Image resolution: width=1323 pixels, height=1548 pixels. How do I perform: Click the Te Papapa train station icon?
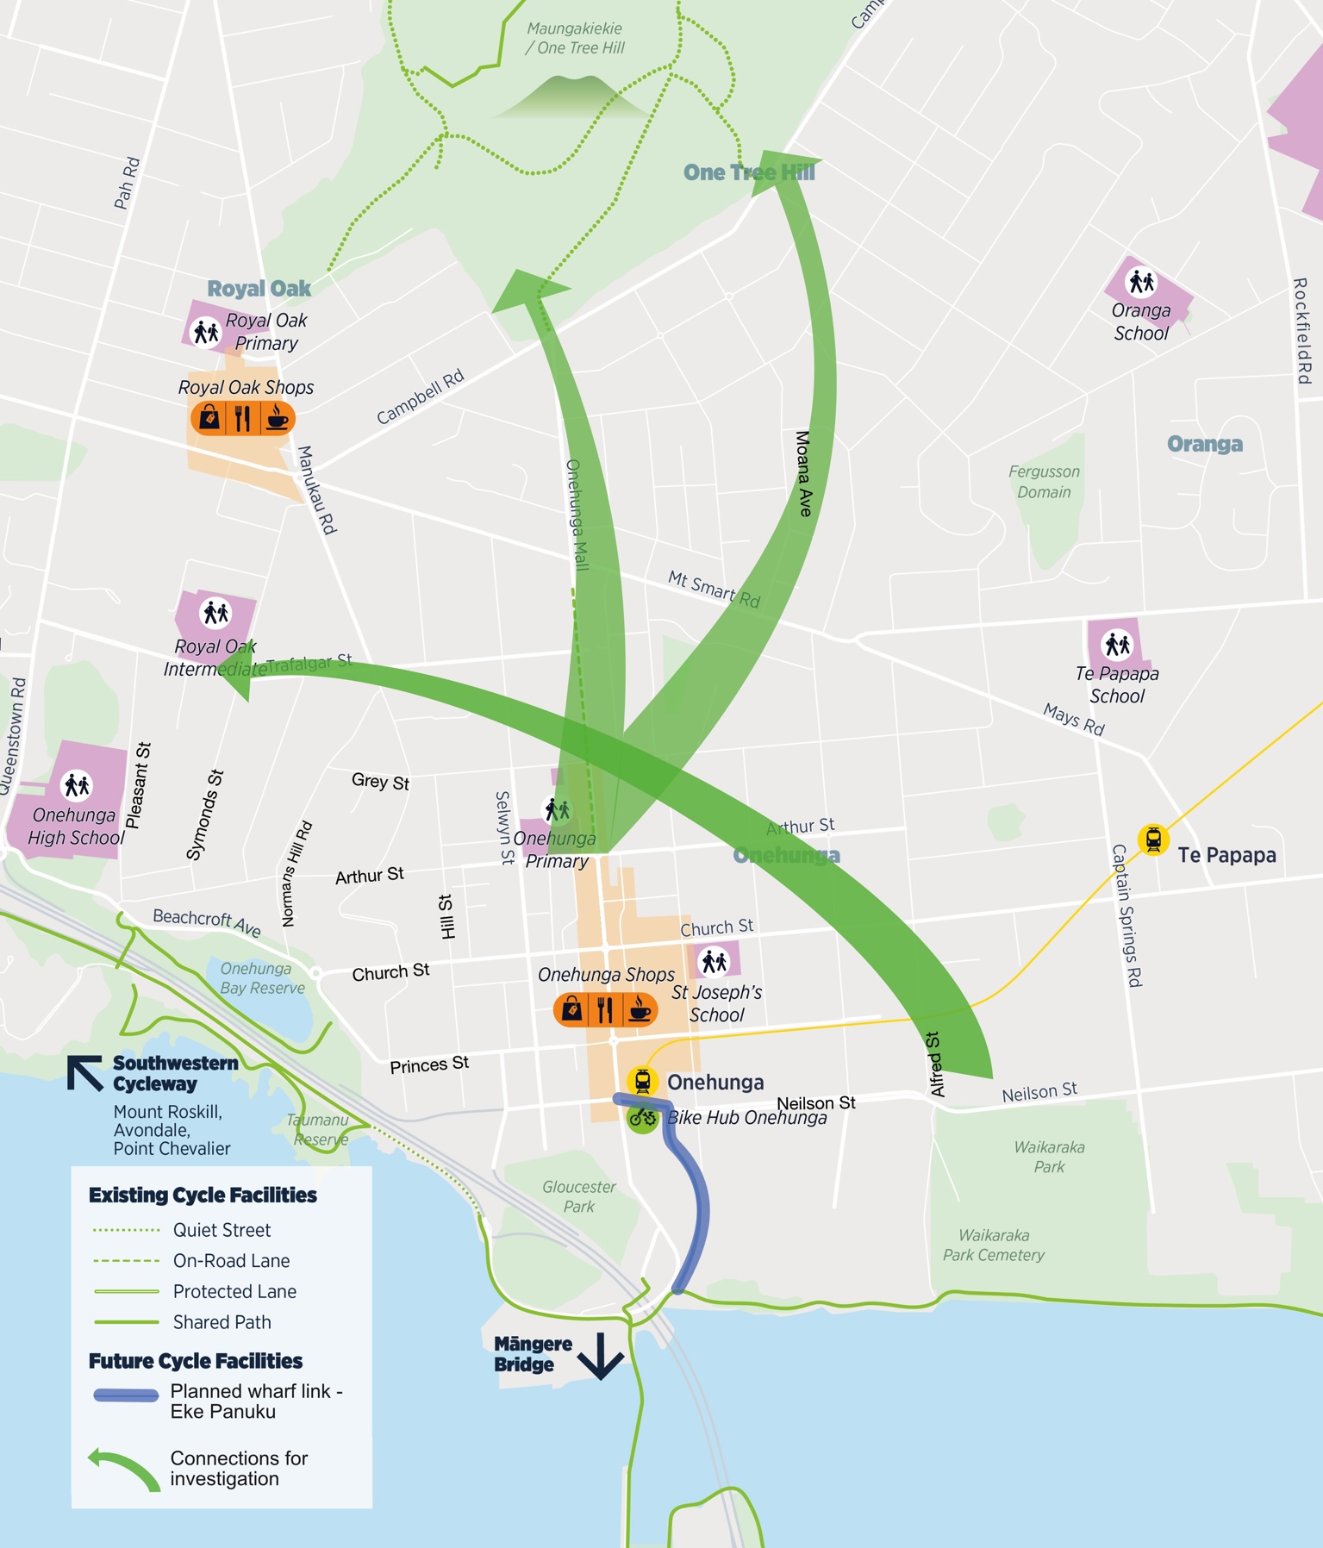click(1153, 840)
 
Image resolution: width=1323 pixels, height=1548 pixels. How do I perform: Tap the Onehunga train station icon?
click(642, 1081)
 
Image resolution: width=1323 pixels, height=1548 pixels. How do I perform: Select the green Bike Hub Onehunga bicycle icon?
click(642, 1119)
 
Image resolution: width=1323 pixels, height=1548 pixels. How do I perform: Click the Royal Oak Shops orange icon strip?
click(243, 419)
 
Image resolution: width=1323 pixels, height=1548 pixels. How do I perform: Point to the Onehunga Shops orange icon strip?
click(605, 1009)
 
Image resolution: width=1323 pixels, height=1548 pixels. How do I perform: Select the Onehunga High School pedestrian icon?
click(77, 785)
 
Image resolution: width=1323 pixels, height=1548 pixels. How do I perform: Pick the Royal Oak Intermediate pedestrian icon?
click(215, 613)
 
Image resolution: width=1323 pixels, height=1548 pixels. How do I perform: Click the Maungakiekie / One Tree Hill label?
click(575, 39)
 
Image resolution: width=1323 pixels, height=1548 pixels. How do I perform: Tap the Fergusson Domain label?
click(1044, 482)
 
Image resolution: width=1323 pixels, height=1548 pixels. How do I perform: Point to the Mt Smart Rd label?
click(714, 590)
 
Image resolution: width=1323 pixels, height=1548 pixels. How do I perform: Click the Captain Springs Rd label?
click(1126, 915)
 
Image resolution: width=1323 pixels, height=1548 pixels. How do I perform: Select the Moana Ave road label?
click(803, 474)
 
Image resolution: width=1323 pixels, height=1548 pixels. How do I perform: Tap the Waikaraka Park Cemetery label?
click(993, 1245)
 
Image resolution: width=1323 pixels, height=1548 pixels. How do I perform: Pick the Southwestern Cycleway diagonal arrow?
click(84, 1074)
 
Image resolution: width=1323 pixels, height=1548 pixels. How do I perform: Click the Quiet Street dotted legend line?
click(126, 1230)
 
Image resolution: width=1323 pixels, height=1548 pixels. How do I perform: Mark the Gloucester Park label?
click(579, 1196)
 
